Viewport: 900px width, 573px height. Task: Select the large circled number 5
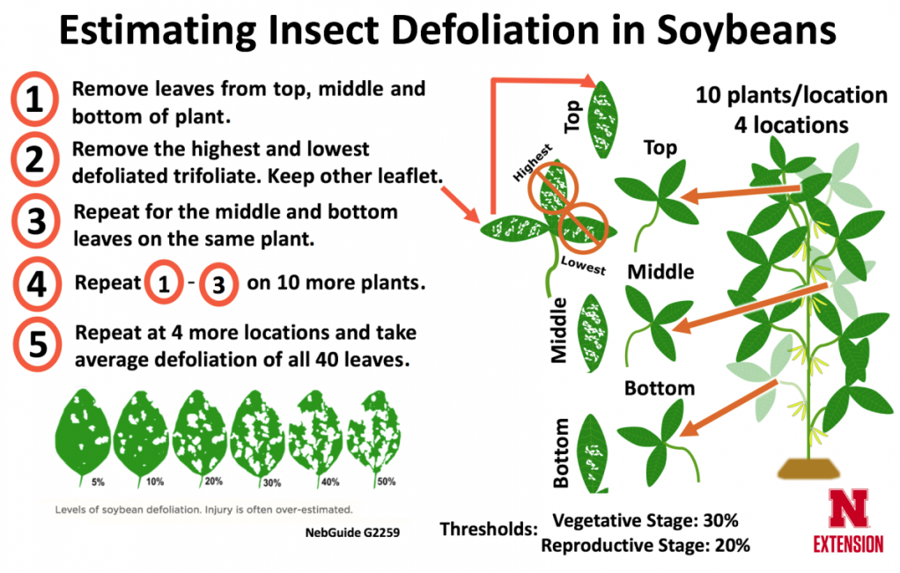tap(34, 343)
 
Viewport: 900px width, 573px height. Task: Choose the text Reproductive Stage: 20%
tap(645, 546)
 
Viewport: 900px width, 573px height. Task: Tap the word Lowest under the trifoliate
tap(583, 267)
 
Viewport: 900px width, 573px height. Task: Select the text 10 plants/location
tap(790, 95)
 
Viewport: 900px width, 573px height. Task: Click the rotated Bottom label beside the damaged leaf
tap(560, 452)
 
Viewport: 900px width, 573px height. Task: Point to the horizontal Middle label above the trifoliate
tap(660, 271)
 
